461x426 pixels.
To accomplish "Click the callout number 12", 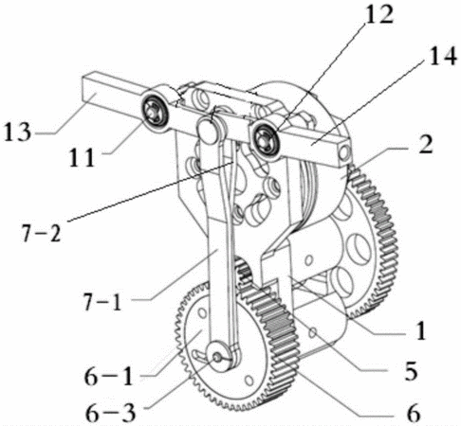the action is (378, 14).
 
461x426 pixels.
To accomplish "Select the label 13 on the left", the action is (18, 132).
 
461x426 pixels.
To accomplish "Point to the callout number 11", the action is (83, 157).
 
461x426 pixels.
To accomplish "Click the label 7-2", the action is (41, 233).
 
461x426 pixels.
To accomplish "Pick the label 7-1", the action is (101, 302).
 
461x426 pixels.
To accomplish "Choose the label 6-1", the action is (108, 376).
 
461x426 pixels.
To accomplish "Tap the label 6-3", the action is (111, 413).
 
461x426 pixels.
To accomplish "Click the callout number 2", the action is (425, 145).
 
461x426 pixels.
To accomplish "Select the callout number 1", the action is (420, 330).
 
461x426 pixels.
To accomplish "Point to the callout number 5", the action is (411, 370).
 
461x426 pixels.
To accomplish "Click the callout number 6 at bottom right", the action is (414, 412).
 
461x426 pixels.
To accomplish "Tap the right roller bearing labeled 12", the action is (265, 140).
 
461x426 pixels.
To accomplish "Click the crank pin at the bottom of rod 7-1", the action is (218, 357).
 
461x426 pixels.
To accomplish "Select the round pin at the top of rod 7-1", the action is (207, 130).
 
